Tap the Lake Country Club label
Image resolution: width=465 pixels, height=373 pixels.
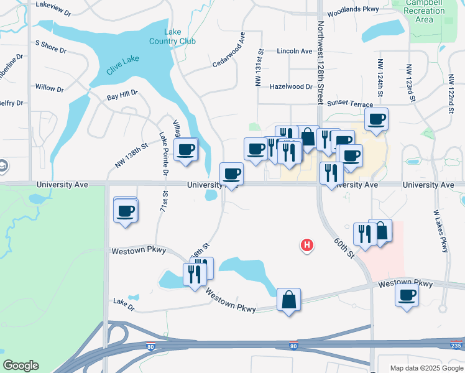pos(172,37)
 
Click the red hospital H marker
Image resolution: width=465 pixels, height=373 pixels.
pos(306,246)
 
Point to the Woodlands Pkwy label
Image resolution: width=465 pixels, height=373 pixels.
pos(352,11)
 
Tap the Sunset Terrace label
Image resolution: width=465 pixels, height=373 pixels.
pos(350,104)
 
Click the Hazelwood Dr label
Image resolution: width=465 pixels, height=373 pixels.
pos(291,87)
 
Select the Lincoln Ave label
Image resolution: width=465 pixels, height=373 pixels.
pos(295,51)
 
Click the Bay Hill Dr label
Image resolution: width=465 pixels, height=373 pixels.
pos(122,97)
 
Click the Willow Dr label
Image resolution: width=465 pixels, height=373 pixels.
pos(50,88)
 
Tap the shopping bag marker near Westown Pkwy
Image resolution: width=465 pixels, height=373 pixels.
pos(289,300)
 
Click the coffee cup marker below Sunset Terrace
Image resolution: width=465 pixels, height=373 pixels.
pos(376,119)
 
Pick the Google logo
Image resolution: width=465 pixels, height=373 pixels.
pos(21,366)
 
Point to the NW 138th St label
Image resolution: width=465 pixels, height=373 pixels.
pos(131,156)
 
